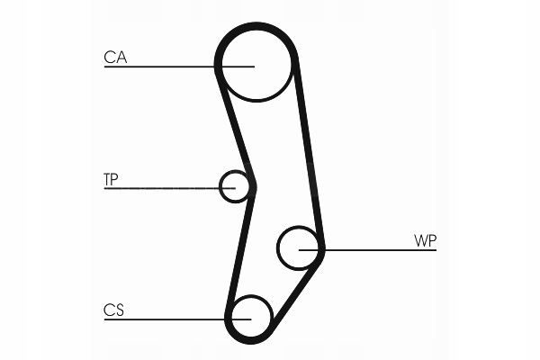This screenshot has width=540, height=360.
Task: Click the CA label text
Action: click(115, 58)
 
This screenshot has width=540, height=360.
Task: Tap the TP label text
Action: click(111, 179)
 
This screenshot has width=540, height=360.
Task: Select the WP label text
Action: click(426, 240)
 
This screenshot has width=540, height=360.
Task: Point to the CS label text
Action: click(113, 310)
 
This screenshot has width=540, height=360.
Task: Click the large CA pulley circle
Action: click(256, 65)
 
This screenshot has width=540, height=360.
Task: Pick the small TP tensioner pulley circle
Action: click(234, 185)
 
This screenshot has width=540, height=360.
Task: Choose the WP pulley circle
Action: click(299, 247)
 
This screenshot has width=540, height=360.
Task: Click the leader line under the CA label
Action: click(162, 66)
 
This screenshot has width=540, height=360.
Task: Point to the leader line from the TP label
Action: click(162, 187)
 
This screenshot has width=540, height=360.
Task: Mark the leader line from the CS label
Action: click(162, 319)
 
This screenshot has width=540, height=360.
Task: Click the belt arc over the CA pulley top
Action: click(256, 25)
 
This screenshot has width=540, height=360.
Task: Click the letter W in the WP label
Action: click(420, 240)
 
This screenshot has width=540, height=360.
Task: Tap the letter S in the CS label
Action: click(119, 310)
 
